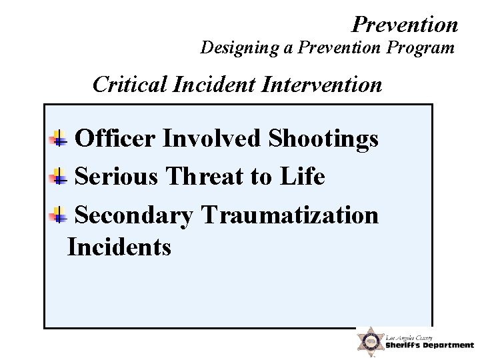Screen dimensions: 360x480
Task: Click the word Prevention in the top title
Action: (x=405, y=25)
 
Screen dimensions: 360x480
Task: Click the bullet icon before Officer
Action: (x=59, y=139)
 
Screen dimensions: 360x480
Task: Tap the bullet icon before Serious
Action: (x=59, y=178)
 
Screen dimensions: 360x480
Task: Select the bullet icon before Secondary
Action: (x=59, y=215)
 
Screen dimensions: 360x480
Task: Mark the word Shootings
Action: (x=323, y=139)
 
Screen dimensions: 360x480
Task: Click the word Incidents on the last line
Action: (x=119, y=247)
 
